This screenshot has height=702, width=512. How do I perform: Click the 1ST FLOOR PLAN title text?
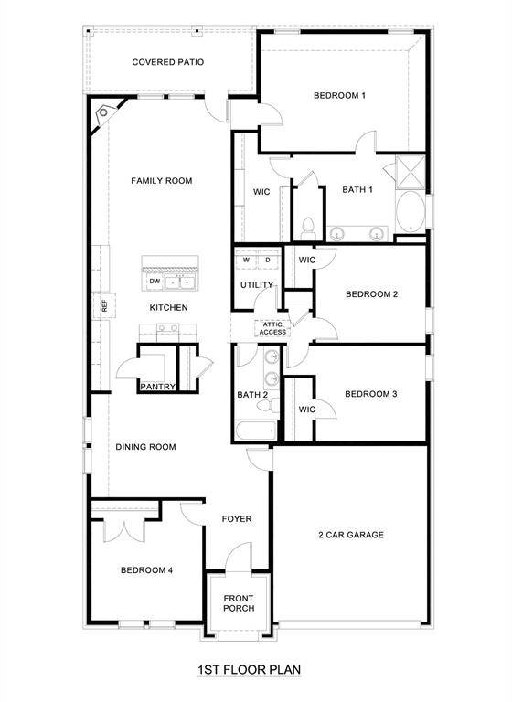[249, 670]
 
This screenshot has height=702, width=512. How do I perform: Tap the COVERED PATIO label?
[167, 62]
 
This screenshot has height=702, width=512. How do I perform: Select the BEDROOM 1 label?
[339, 95]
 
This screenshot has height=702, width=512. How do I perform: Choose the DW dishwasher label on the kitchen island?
[155, 281]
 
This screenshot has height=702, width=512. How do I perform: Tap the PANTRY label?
[157, 387]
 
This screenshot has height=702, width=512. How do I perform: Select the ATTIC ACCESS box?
[273, 328]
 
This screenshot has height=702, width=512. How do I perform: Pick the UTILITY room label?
[256, 285]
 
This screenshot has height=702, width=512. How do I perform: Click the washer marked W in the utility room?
[246, 261]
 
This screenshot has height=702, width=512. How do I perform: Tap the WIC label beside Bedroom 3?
[307, 409]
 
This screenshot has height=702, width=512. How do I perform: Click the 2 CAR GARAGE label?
[350, 534]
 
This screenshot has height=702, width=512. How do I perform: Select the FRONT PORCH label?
[239, 602]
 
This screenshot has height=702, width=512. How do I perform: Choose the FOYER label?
[237, 519]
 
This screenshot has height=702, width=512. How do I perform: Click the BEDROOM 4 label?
[146, 570]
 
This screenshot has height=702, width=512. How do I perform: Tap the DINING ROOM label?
[145, 447]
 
